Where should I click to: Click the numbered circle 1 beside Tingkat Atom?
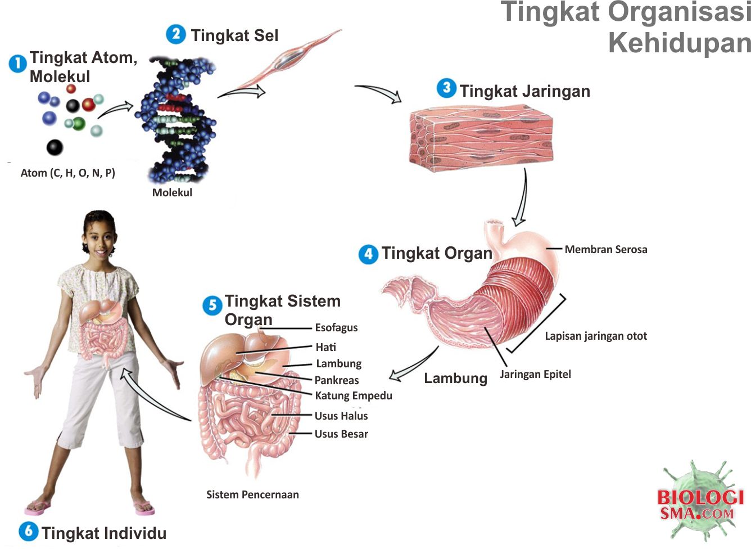17,64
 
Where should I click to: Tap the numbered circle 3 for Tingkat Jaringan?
446,88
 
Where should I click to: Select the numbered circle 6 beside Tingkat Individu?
28,531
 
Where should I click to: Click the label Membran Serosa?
605,249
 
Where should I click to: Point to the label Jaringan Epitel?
535,374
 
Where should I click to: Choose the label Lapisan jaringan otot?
595,336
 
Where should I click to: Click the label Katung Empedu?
353,395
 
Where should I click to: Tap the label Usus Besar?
341,434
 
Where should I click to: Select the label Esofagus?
336,327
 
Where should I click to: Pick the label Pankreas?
336,380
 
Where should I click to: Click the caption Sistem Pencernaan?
252,494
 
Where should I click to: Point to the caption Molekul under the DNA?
172,192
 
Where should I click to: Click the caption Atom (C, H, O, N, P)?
67,173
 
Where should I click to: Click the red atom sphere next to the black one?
88,105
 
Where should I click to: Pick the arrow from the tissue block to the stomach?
522,200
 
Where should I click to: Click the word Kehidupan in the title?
679,43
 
